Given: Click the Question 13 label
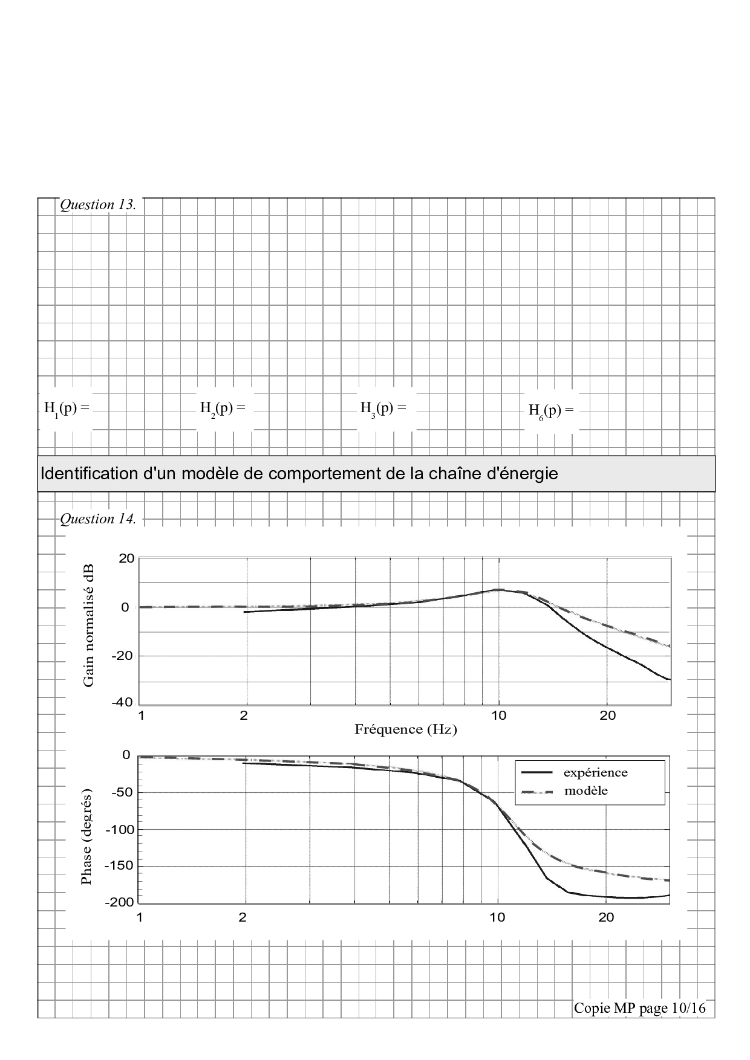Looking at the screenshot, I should [98, 205].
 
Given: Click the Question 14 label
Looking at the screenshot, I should [98, 519].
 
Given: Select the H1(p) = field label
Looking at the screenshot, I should [67, 408].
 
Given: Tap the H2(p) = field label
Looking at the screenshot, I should [223, 408].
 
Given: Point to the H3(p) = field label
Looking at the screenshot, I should [383, 408].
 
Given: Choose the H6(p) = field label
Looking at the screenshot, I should [551, 411].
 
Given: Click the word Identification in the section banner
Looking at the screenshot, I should [90, 474].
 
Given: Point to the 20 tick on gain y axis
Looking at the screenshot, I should [126, 558].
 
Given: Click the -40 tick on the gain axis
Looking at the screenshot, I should [123, 703].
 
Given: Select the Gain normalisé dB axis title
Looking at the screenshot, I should [89, 625].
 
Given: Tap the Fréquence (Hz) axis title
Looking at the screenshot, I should [405, 729].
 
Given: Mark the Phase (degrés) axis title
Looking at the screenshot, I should [86, 836].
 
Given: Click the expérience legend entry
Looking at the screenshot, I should [595, 772].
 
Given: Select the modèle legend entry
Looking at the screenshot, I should [585, 790].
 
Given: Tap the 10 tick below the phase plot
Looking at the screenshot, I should [497, 917].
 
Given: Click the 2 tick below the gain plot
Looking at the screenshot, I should [244, 716].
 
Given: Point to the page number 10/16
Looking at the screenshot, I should [689, 1008].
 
